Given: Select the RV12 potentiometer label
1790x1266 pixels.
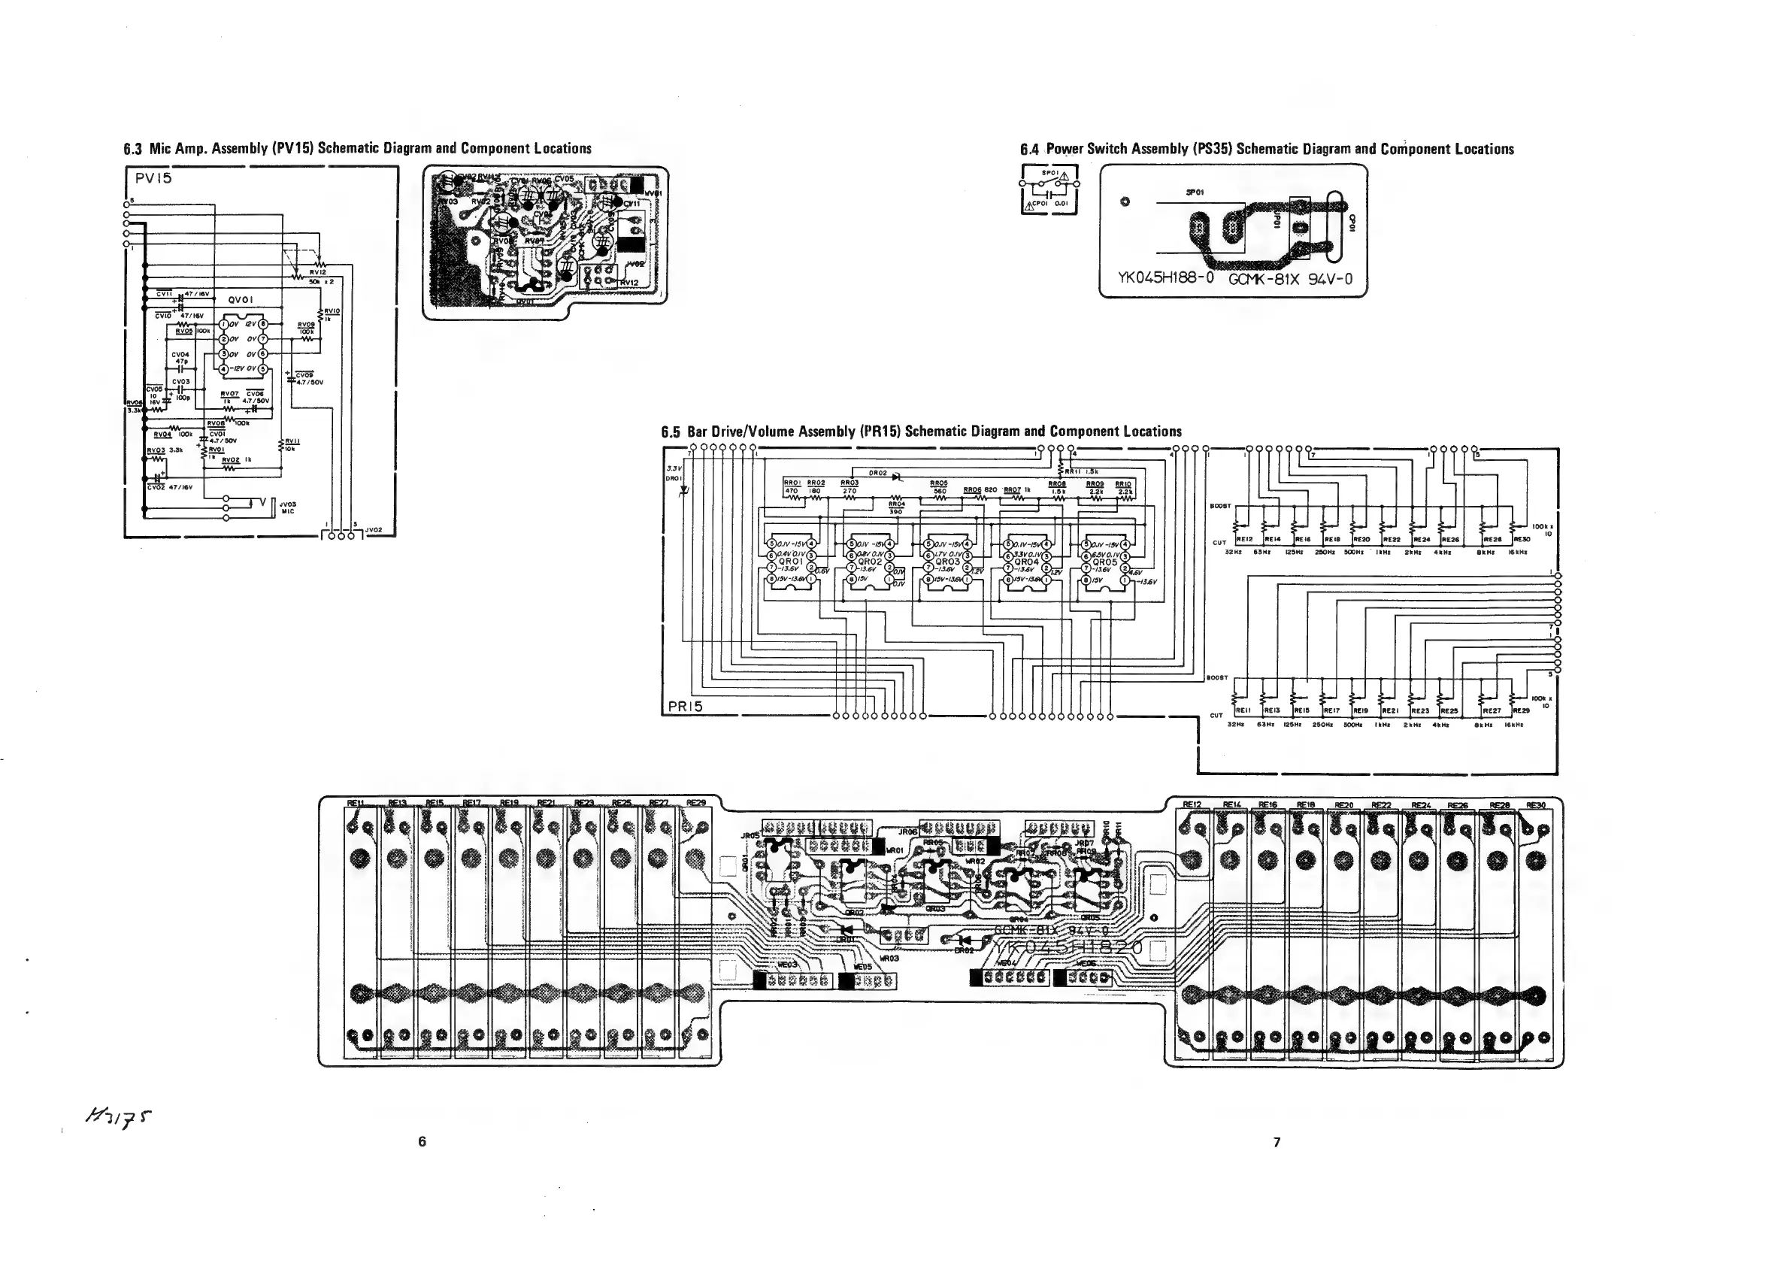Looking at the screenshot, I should click(x=317, y=273).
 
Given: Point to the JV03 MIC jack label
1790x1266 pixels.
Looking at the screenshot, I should click(x=287, y=507).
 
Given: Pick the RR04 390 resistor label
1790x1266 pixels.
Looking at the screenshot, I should click(x=896, y=507).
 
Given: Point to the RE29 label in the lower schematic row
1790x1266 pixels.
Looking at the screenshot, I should click(x=1521, y=711).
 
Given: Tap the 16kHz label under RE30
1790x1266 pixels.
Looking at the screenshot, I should click(x=1517, y=552).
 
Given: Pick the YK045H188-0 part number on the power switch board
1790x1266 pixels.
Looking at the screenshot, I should click(x=1166, y=278).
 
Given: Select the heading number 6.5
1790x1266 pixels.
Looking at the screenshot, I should click(x=671, y=432).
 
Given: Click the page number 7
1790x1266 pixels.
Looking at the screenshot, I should click(x=1277, y=1142).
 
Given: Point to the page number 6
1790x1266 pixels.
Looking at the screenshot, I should click(x=422, y=1141).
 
